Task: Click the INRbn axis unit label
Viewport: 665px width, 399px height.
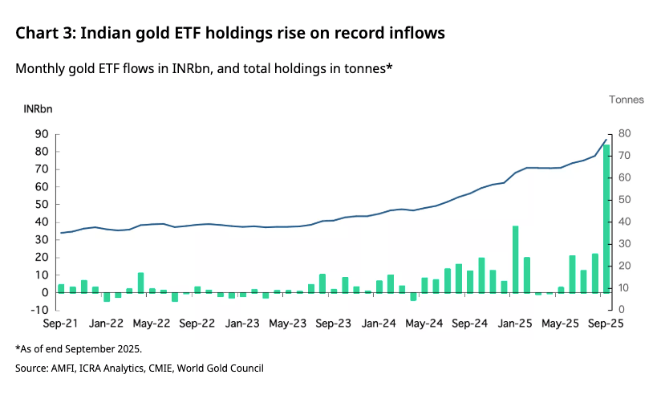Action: pos(38,108)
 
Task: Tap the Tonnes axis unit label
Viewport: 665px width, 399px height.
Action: pos(626,100)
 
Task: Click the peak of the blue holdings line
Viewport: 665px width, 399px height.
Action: pos(606,140)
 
